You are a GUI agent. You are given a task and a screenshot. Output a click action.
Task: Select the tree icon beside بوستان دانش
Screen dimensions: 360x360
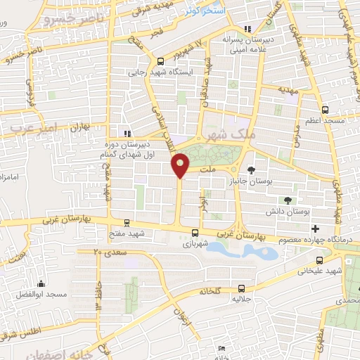pos(288,200)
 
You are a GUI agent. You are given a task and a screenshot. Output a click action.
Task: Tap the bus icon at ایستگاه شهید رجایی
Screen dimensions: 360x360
pos(161,60)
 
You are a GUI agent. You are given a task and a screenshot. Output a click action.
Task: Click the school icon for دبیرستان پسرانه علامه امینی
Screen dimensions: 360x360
pos(246,29)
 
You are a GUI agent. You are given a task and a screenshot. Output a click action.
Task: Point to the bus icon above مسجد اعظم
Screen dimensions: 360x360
pos(324,110)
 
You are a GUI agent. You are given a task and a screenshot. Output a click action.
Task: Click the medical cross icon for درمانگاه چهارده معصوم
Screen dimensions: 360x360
pos(315,229)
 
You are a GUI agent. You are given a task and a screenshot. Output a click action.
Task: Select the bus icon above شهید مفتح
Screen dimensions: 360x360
pos(126,222)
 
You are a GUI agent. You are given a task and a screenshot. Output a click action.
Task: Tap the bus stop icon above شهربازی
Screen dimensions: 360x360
pos(195,233)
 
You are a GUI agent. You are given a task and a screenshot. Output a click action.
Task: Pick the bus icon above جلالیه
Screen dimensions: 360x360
pos(242,288)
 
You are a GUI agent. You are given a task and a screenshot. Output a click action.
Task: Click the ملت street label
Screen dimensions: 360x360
pos(207,169)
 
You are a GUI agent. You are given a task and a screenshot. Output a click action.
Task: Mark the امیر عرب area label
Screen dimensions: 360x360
pos(29,127)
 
